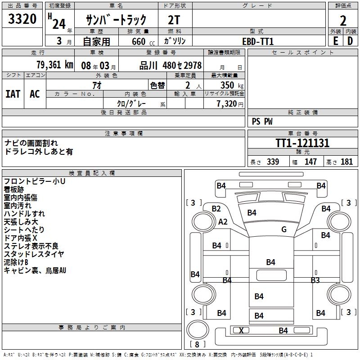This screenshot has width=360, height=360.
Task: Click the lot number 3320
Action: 22,19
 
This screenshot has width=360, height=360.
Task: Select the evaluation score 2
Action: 343,20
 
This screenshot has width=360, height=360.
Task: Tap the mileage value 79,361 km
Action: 54,65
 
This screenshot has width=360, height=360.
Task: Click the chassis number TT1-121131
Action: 302,144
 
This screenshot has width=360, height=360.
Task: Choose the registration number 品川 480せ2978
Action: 171,65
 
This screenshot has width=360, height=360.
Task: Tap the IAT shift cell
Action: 13,94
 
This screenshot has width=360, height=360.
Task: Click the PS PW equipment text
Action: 262,121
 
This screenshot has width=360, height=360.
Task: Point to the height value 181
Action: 346,162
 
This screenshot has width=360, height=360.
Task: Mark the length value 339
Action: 273,162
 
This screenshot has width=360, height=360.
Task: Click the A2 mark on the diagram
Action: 223,222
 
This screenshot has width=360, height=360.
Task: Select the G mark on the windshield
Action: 283,229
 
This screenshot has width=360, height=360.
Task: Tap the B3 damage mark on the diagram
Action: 315,280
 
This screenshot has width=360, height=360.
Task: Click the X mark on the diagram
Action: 241,331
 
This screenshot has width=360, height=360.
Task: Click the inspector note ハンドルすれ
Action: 24,214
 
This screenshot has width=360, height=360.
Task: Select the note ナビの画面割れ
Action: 31,143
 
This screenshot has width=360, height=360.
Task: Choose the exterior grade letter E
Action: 335,41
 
